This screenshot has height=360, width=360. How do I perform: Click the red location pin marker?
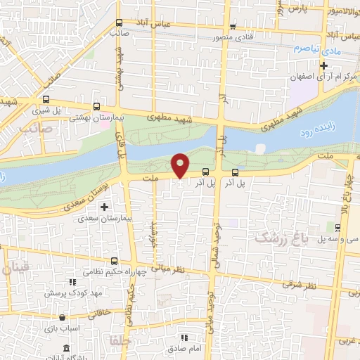[x=181, y=165]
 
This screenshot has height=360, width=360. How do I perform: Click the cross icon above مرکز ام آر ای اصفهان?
[x=323, y=66]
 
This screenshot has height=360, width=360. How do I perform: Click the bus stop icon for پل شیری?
[x=46, y=100]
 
